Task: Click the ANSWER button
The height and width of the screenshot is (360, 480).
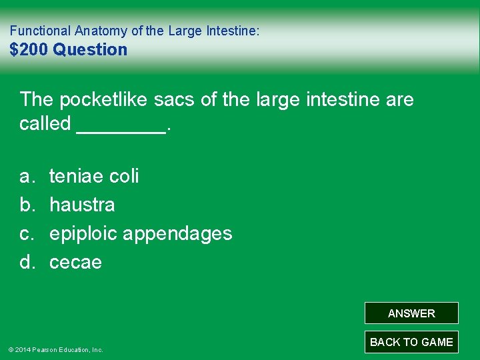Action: tap(411, 313)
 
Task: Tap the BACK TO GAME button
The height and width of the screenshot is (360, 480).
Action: tap(411, 342)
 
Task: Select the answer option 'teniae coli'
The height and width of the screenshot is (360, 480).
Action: tap(94, 176)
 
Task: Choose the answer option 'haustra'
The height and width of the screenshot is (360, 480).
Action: tap(82, 205)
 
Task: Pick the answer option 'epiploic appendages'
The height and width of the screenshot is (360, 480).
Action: tap(141, 233)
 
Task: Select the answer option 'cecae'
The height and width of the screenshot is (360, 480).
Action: tap(75, 262)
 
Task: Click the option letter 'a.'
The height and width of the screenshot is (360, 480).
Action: tap(27, 176)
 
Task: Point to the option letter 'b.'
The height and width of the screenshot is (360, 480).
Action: tap(27, 205)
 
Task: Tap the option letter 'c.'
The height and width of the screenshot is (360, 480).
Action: tap(27, 233)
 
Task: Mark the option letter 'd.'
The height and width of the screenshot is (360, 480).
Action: tap(27, 262)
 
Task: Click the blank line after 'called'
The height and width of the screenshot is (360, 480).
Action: tap(121, 130)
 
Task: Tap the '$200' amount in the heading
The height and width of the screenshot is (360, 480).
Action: tap(29, 49)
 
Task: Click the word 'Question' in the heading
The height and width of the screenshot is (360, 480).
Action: tap(90, 49)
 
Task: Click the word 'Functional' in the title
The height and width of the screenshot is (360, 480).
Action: tap(40, 31)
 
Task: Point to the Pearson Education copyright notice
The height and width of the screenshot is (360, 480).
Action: tap(55, 349)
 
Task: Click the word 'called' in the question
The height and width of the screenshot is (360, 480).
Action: tap(45, 123)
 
